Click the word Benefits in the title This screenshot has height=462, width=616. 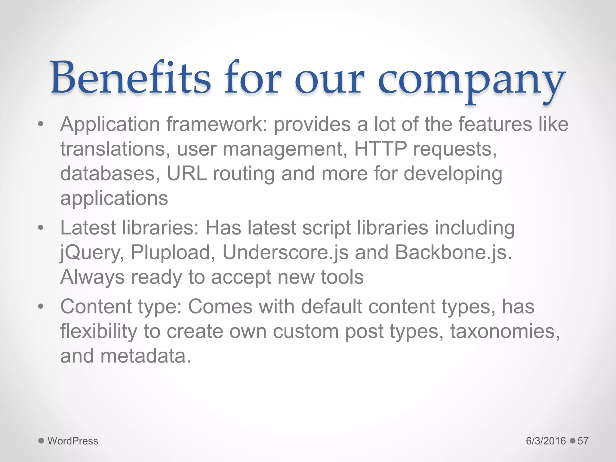point(131,78)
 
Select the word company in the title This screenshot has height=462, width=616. point(471,81)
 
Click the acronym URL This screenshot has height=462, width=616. point(186,174)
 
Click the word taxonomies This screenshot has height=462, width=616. point(505,331)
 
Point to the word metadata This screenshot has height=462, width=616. point(146,356)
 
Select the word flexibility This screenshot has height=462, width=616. point(99,331)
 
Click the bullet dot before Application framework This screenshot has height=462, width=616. point(41,125)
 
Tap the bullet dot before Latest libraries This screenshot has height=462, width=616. point(41,228)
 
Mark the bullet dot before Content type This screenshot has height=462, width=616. point(41,307)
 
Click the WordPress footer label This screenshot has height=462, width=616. point(73,441)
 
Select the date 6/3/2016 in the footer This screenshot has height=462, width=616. point(546,441)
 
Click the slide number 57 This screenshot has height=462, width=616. point(583,441)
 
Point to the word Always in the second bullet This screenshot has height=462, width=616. point(92,277)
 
